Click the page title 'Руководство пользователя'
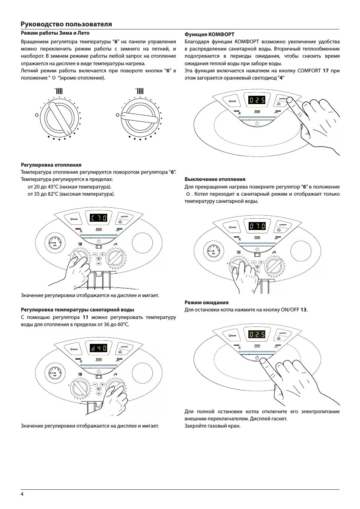point(66,24)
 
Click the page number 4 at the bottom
point(22,494)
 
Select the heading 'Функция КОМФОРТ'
point(209,34)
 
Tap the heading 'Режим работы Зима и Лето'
point(55,33)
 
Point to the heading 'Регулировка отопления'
point(51,165)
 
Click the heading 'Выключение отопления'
point(215,179)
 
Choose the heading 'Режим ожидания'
point(206,302)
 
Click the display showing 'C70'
point(98,218)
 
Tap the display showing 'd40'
point(98,348)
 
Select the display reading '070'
point(257,227)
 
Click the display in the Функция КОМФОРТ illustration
point(257,100)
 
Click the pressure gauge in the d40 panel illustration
point(54,373)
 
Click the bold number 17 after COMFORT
point(326,71)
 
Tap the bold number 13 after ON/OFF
point(303,310)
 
